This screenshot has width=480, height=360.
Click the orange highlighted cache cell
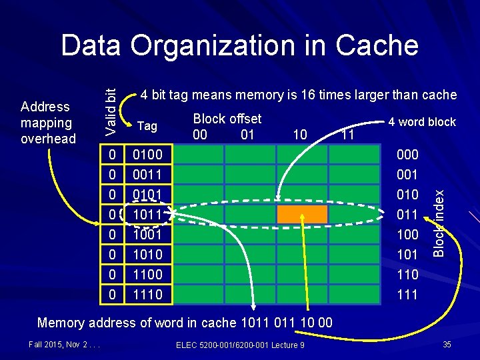(302, 214)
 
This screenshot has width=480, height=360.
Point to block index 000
(407, 155)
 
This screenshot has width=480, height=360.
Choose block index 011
(407, 215)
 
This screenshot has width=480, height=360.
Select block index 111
(407, 294)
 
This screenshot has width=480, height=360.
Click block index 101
(407, 254)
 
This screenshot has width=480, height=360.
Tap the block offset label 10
(300, 135)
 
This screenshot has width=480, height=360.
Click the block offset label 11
(347, 135)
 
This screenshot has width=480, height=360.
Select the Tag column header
(147, 127)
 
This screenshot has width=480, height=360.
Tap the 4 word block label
(423, 122)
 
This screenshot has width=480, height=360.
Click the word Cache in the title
(377, 45)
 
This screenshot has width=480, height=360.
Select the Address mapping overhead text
(48, 123)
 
